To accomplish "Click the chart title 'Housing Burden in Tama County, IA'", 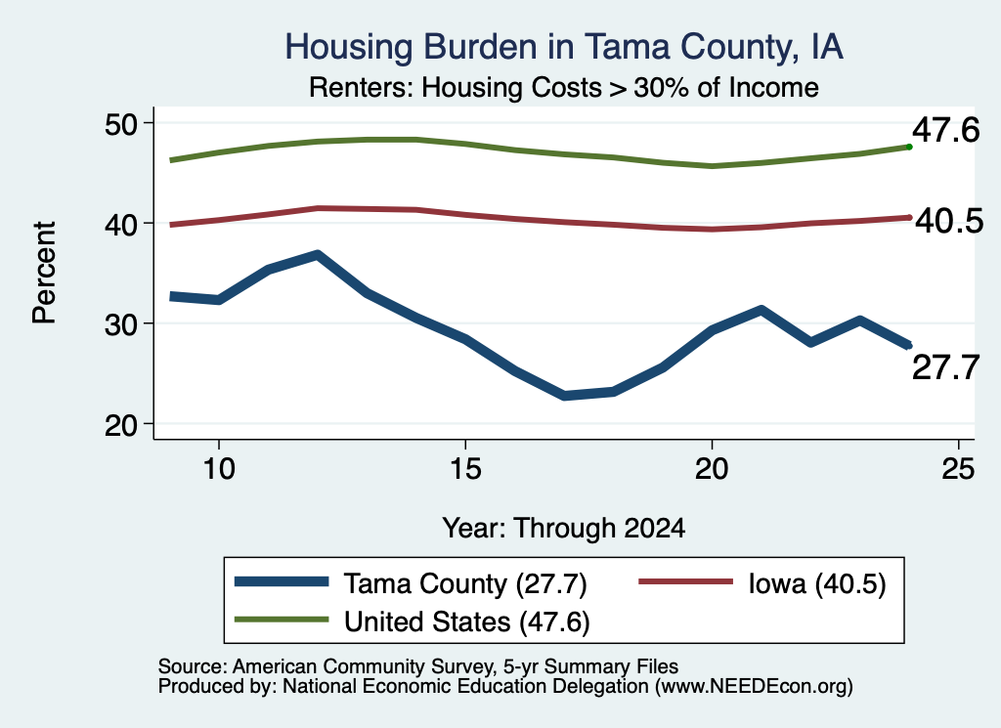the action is (564, 47).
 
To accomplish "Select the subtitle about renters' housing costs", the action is (564, 87).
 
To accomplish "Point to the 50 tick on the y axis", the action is (121, 123).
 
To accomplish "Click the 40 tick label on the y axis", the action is (121, 224).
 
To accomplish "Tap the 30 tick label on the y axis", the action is (121, 324).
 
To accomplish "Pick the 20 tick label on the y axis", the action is (121, 424).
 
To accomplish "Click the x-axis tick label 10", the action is (219, 469).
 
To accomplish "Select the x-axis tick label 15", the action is (465, 469).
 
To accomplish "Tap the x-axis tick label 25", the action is (958, 469).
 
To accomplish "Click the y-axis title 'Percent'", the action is (44, 273).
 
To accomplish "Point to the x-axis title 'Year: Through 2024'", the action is (564, 529).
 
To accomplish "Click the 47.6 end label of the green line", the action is (945, 130).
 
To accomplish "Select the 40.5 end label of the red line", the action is (949, 222).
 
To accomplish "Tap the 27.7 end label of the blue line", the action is (945, 368).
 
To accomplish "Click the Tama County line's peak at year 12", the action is (318, 256).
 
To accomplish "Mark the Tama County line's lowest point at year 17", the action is (564, 396).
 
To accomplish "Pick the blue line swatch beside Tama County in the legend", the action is (282, 581).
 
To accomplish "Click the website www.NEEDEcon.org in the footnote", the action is (754, 687).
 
